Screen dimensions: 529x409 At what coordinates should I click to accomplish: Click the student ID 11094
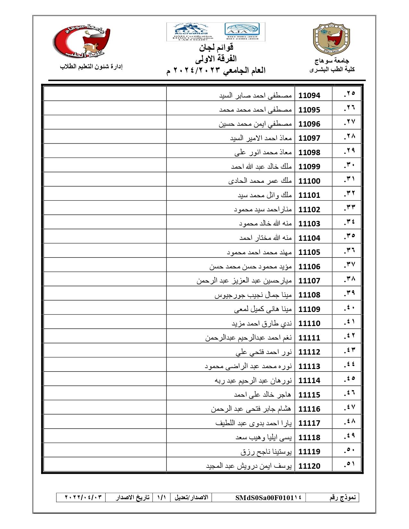coord(309,96)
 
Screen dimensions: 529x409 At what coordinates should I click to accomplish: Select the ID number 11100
coord(309,181)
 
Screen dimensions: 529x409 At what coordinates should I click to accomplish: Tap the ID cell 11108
coord(309,295)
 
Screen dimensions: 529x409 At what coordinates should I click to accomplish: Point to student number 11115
coord(309,395)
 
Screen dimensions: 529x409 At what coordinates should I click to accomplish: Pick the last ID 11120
coord(309,466)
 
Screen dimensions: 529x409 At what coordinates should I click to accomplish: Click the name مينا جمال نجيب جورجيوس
coord(253,295)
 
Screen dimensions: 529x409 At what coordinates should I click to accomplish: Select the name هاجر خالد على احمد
coord(262,395)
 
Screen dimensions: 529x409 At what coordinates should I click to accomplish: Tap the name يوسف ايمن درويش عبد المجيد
coord(249,466)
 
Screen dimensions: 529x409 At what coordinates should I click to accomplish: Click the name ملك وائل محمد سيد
coord(265,195)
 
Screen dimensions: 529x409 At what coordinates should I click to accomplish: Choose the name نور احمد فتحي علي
coord(264,352)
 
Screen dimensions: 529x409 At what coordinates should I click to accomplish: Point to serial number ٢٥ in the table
coord(349,94)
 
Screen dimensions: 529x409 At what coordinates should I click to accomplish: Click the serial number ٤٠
coord(349,308)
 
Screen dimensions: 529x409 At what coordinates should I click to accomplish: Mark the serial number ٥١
coord(349,464)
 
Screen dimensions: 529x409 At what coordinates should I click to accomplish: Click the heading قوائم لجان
coord(216,48)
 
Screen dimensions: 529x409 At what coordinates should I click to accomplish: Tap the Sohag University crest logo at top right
coord(331,38)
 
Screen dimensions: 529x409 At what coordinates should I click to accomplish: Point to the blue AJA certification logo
coord(242,30)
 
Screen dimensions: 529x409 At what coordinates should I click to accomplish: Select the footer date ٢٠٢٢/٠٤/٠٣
coord(83,497)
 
